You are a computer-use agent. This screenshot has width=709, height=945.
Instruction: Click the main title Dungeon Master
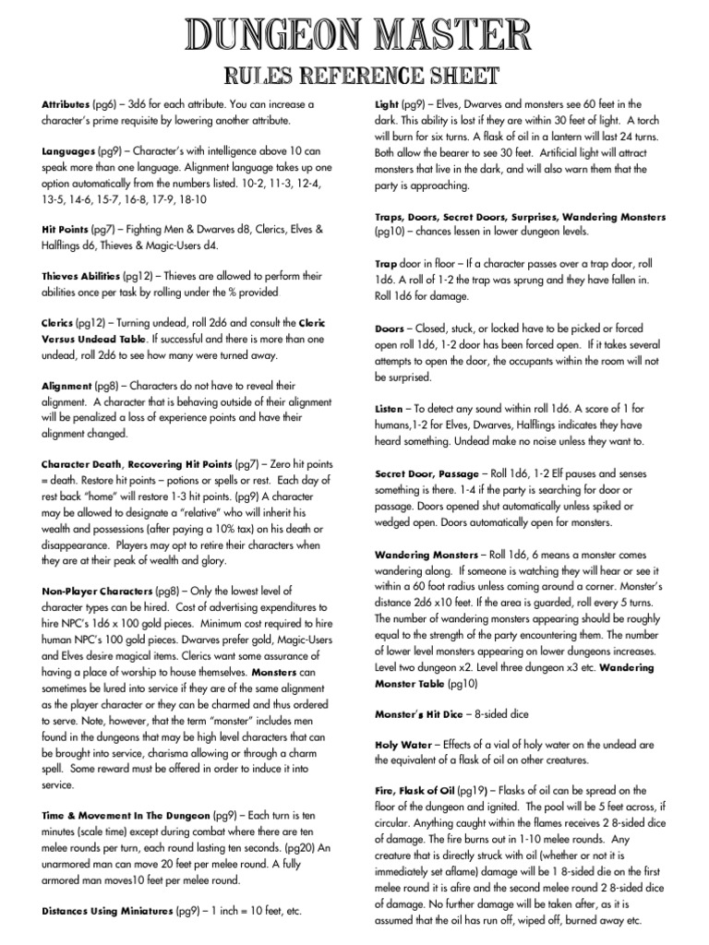354,36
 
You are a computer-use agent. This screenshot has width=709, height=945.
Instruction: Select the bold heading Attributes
66,104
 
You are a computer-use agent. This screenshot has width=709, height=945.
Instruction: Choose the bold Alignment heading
66,385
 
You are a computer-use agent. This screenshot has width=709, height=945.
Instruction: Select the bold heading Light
386,104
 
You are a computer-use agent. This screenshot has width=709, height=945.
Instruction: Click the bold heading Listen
389,407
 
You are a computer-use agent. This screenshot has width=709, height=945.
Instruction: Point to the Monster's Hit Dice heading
418,714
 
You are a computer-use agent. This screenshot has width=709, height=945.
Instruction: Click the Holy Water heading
403,744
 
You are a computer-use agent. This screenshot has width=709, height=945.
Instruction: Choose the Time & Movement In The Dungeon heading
126,817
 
